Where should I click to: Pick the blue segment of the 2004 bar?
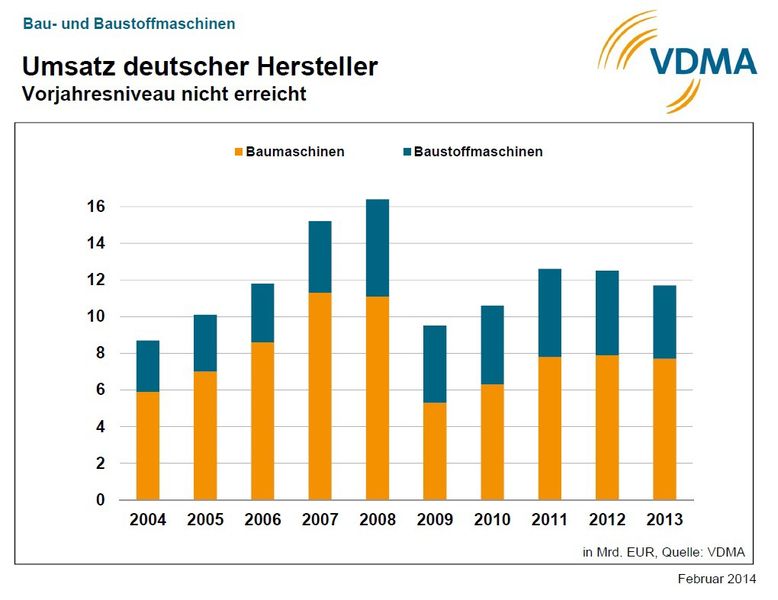pyautogui.click(x=148, y=366)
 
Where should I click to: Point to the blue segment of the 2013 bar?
pyautogui.click(x=664, y=322)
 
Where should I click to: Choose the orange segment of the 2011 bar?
pyautogui.click(x=549, y=428)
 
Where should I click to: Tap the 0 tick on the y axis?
pyautogui.click(x=101, y=500)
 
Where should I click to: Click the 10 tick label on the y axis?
pyautogui.click(x=95, y=317)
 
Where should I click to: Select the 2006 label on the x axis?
pyautogui.click(x=262, y=521)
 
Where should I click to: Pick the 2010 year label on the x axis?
pyautogui.click(x=492, y=521)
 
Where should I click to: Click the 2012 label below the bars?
pyautogui.click(x=607, y=521)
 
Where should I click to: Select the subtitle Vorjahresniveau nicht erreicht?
pyautogui.click(x=163, y=96)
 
